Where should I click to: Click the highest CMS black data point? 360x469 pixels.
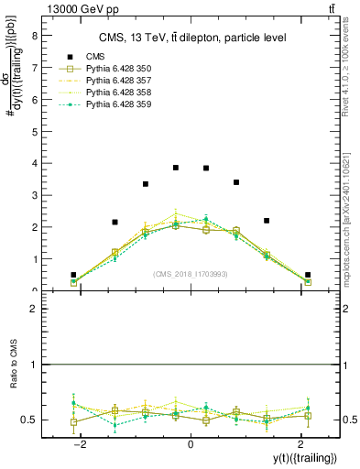pyautogui.click(x=176, y=168)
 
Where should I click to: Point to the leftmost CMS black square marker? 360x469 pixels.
pyautogui.click(x=73, y=275)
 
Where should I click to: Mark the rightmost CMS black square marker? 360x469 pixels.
pyautogui.click(x=308, y=275)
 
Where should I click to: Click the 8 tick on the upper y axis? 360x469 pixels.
pyautogui.click(x=35, y=37)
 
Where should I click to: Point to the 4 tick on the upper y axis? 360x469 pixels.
pyautogui.click(x=35, y=164)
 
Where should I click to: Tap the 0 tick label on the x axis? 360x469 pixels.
pyautogui.click(x=191, y=443)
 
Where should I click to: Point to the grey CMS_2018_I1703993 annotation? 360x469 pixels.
pyautogui.click(x=191, y=274)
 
